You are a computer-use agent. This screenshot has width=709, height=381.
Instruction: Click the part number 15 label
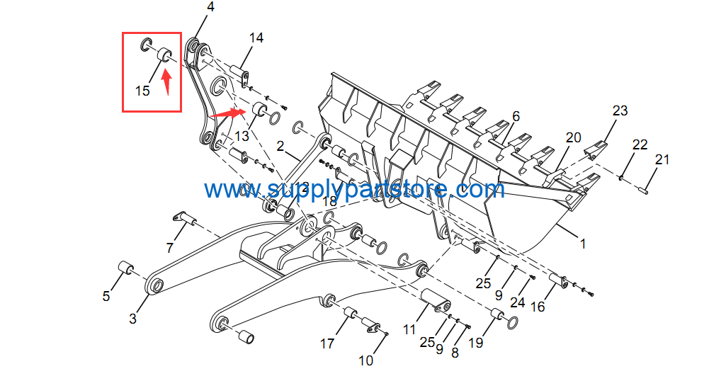(142, 91)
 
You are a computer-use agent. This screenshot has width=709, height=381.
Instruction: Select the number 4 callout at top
(210, 7)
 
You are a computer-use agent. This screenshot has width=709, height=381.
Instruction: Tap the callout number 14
(256, 38)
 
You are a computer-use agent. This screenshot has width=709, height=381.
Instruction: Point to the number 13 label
(242, 135)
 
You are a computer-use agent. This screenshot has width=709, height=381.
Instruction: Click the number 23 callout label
(620, 110)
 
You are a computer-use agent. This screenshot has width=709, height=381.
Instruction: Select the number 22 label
(640, 144)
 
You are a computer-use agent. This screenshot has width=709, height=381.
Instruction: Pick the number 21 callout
(662, 159)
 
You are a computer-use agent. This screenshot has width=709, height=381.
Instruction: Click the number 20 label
(573, 137)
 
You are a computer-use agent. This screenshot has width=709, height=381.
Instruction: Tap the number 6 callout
(516, 117)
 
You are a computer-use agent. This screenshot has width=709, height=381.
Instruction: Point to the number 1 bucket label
(584, 244)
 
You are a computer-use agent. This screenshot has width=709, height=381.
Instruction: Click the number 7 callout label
(169, 248)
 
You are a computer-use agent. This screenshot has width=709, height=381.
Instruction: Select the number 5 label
(106, 296)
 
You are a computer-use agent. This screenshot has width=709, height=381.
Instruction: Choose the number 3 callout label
(132, 319)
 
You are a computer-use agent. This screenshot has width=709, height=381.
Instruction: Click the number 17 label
(327, 344)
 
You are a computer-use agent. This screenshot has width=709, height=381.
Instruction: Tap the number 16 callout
(537, 307)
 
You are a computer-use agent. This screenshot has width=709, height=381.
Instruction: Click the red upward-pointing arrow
(167, 81)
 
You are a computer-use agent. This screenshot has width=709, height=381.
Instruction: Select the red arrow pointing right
(227, 113)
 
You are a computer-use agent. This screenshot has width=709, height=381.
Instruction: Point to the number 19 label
(476, 343)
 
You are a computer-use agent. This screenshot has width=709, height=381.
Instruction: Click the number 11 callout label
(409, 330)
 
